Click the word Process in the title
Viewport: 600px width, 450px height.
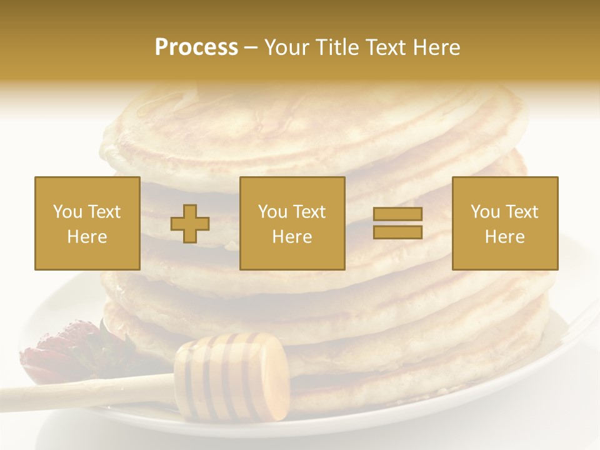point(196,47)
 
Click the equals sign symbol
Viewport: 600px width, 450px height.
point(397,223)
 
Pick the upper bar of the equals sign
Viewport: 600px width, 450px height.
point(397,214)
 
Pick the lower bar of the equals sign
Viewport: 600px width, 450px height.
point(397,232)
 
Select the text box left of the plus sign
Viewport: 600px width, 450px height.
point(87,223)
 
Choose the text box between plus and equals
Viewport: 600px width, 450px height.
point(292,223)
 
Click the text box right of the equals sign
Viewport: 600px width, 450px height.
point(505,223)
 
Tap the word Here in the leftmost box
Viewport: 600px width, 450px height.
point(87,237)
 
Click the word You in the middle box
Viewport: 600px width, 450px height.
point(272,212)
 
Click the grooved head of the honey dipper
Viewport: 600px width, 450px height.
point(231,376)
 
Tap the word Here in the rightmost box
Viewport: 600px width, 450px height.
point(505,237)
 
